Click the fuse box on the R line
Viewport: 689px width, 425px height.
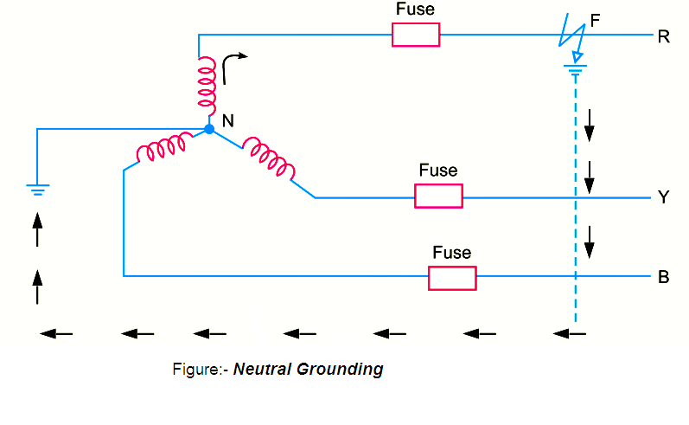[416, 35]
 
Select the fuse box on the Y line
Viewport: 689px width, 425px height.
[438, 196]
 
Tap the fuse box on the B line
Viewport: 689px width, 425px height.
[452, 278]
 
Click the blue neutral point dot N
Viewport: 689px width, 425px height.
[208, 129]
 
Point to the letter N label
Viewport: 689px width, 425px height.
[228, 121]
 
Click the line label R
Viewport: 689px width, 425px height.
[663, 36]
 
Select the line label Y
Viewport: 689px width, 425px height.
[663, 198]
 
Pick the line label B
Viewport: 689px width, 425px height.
[663, 278]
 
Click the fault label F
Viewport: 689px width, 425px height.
[594, 18]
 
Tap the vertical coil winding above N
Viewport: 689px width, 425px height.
[207, 83]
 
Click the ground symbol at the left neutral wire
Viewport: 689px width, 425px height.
[37, 188]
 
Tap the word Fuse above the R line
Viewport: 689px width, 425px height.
[415, 10]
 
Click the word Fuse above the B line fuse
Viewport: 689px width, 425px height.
[452, 253]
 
